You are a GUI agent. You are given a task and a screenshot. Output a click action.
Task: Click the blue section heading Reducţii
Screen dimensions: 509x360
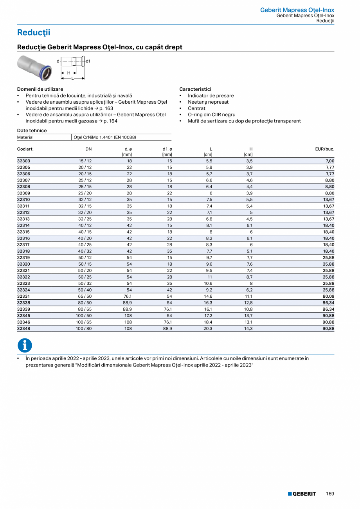(34, 33)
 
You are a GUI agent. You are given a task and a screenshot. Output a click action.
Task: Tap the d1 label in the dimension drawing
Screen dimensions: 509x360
(88, 61)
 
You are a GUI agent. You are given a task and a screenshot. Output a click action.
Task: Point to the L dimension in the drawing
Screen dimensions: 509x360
(72, 78)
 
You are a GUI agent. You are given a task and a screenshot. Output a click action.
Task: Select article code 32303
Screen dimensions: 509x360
(23, 161)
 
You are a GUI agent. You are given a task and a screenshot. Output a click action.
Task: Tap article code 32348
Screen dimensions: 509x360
(23, 329)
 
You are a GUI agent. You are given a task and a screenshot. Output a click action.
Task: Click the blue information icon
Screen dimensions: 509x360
(25, 345)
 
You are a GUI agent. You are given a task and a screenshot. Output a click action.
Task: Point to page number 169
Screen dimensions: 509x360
(330, 494)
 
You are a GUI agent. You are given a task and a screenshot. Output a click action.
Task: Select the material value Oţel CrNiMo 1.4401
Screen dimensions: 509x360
(104, 137)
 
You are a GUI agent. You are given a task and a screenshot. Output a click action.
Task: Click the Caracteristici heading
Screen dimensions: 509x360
(195, 89)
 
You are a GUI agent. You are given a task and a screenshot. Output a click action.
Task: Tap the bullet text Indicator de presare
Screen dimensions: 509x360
(211, 95)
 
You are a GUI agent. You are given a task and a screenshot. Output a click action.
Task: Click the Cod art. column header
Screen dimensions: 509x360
(25, 149)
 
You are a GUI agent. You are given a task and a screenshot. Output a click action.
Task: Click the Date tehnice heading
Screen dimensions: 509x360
(32, 130)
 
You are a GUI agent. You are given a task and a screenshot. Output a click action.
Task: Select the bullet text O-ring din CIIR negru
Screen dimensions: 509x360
(211, 115)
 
